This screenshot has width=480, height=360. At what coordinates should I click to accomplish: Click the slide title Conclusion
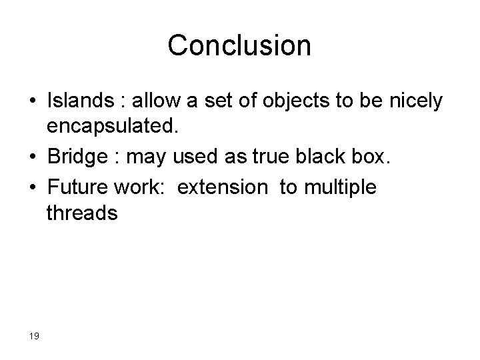(x=239, y=45)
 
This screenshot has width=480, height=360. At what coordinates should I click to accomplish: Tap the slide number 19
(x=35, y=335)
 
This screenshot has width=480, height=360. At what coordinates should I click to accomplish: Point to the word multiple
(x=339, y=187)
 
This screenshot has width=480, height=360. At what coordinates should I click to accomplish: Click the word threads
(x=83, y=213)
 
